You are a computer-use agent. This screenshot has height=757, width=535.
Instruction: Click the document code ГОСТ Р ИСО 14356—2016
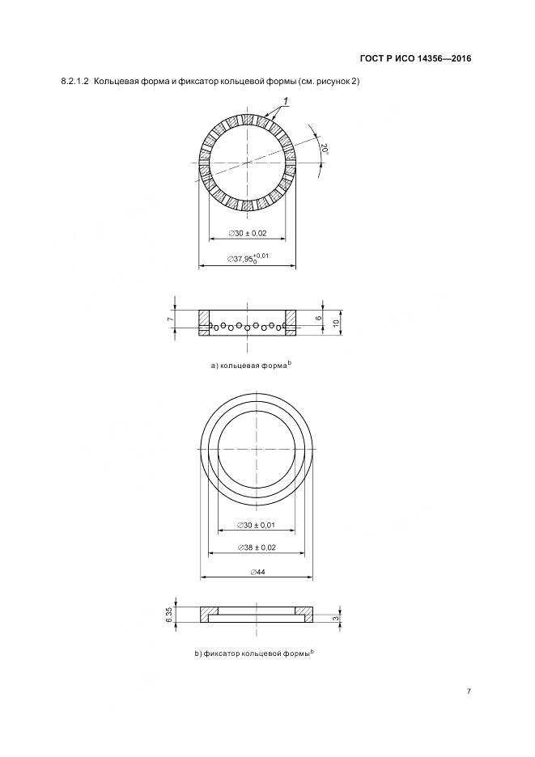tap(416, 59)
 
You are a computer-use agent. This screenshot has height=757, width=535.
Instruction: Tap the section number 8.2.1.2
tap(75, 82)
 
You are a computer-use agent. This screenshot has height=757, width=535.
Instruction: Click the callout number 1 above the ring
tap(286, 101)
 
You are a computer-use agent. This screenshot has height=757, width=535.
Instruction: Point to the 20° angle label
tap(325, 149)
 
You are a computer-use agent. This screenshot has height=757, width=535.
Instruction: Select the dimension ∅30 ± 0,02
tap(248, 233)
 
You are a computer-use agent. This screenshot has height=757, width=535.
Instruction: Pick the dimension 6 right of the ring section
tap(318, 318)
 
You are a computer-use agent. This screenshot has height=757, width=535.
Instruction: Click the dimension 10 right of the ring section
tap(336, 322)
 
